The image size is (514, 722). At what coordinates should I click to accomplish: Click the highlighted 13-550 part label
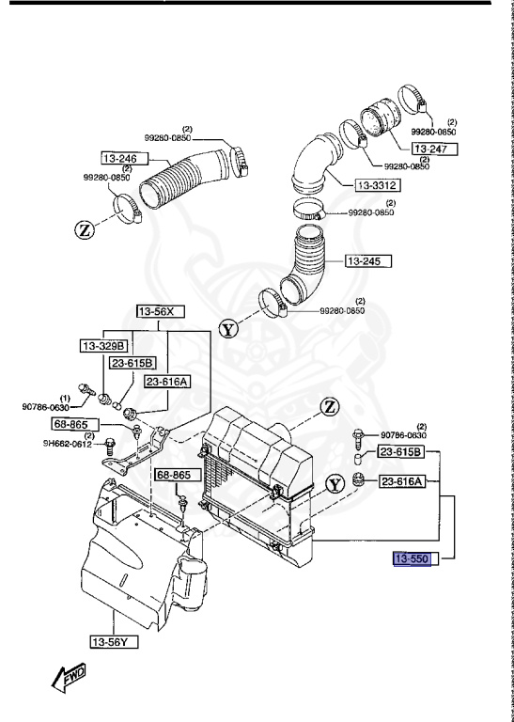click(411, 558)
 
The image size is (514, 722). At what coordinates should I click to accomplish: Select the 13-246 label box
click(120, 159)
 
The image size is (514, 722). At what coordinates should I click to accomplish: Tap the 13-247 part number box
click(435, 149)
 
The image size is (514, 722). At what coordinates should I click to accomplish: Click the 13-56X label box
click(157, 311)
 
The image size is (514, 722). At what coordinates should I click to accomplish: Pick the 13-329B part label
click(103, 346)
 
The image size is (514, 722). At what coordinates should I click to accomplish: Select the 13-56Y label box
click(112, 642)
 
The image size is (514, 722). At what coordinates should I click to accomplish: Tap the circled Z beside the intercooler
click(329, 406)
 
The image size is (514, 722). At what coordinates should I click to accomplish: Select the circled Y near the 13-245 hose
click(228, 329)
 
